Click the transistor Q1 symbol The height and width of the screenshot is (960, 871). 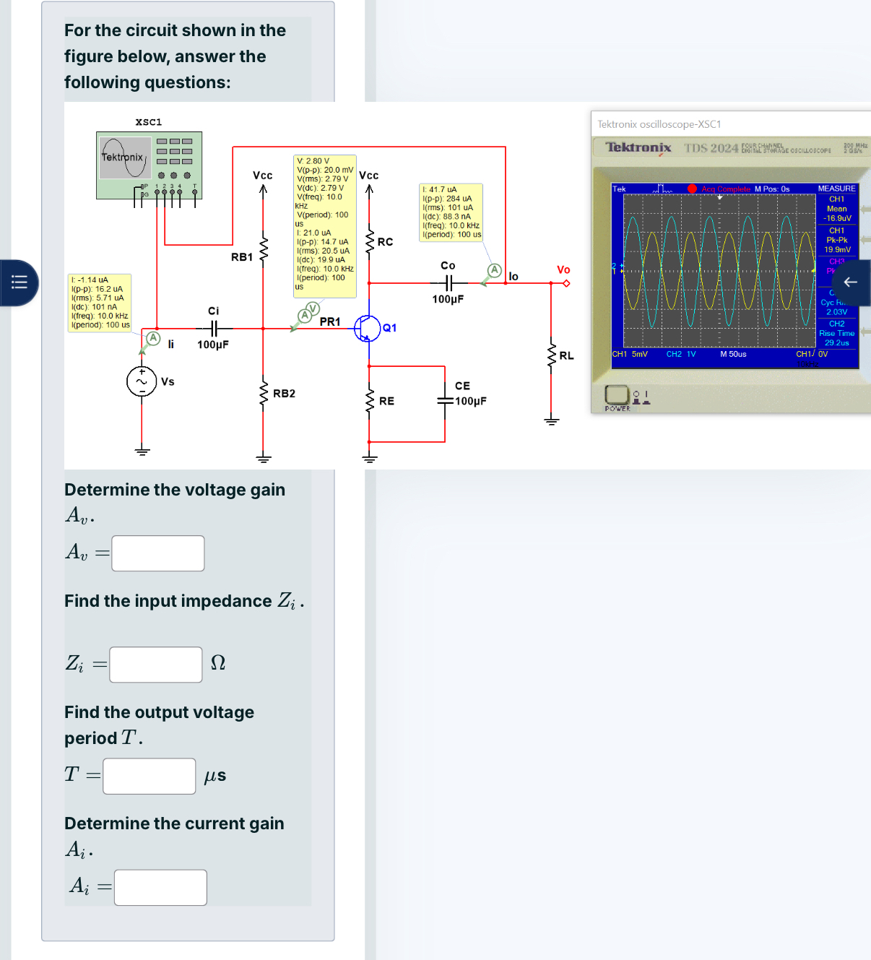(x=368, y=328)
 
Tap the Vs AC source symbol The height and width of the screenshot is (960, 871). (x=142, y=381)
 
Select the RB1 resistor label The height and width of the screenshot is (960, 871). (x=242, y=257)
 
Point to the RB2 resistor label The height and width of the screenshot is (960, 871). (x=284, y=394)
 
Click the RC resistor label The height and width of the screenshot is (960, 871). (x=385, y=242)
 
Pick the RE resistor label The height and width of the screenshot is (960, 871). (x=386, y=401)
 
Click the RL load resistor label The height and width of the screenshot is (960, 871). (x=566, y=355)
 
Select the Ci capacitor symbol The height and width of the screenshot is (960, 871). (x=213, y=328)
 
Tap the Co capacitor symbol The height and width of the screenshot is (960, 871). (x=448, y=282)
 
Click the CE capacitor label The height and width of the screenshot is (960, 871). (x=462, y=386)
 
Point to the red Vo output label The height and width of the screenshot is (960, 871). (x=563, y=269)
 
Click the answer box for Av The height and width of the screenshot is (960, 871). (x=158, y=553)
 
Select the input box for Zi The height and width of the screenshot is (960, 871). (x=156, y=665)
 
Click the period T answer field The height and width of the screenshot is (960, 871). (x=149, y=776)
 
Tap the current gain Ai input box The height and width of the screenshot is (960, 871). (x=160, y=887)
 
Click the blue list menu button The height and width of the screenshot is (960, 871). (x=19, y=282)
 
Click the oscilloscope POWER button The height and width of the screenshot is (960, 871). (x=616, y=395)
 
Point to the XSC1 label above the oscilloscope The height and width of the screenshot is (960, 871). (x=149, y=122)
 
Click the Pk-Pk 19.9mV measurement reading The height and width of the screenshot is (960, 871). (x=837, y=245)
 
